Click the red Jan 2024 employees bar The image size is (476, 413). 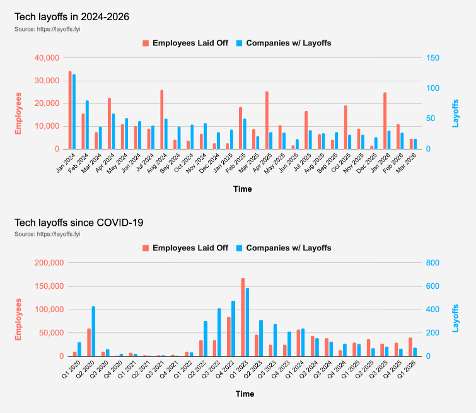(70, 110)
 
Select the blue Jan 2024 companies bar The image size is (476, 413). (74, 112)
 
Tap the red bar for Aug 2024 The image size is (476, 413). (162, 120)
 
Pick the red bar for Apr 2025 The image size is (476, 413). (267, 120)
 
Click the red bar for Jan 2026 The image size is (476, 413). (385, 121)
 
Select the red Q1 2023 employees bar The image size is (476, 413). (243, 317)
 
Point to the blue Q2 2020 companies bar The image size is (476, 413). (93, 331)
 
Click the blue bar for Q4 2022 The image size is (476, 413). (233, 329)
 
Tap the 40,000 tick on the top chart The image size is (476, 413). (47, 58)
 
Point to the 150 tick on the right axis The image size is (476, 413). (432, 58)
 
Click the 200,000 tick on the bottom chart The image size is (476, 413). (49, 263)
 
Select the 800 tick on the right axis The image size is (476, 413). (432, 263)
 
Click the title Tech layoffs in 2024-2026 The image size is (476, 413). (72, 16)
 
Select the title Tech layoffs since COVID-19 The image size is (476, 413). (79, 223)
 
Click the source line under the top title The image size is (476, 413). (47, 29)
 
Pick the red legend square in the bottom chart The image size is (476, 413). (146, 248)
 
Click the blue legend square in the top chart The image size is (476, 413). (239, 43)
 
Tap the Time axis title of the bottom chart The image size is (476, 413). (245, 394)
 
